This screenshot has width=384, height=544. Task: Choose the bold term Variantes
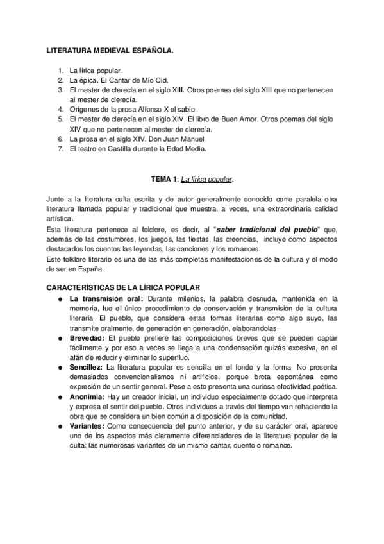[88, 427]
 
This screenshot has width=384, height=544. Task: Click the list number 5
[60, 119]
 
